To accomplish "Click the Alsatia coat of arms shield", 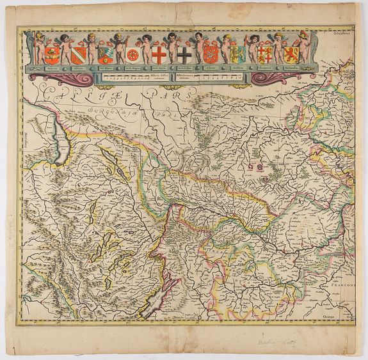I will pos(78,55).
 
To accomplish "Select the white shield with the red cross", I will pos(159,55).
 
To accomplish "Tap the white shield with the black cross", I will pos(186,55).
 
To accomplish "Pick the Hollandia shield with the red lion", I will pos(292,54).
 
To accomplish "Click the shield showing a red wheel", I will pos(132,56).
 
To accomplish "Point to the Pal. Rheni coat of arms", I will pos(105,55).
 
